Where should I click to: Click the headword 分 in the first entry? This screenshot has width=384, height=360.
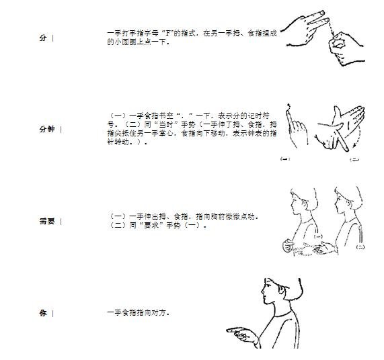[x=43, y=38]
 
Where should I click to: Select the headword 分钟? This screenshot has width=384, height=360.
[x=46, y=129]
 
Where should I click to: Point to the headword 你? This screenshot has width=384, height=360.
[x=43, y=313]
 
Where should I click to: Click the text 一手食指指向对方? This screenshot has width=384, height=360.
[x=137, y=313]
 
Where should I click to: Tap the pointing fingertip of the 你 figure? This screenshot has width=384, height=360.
[x=227, y=330]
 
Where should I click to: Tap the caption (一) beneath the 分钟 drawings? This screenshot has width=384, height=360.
[x=284, y=159]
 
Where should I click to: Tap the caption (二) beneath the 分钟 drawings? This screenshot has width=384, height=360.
[x=354, y=159]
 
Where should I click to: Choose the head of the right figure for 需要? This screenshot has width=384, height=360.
[x=344, y=199]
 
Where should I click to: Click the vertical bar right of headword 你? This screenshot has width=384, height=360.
[x=52, y=313]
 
